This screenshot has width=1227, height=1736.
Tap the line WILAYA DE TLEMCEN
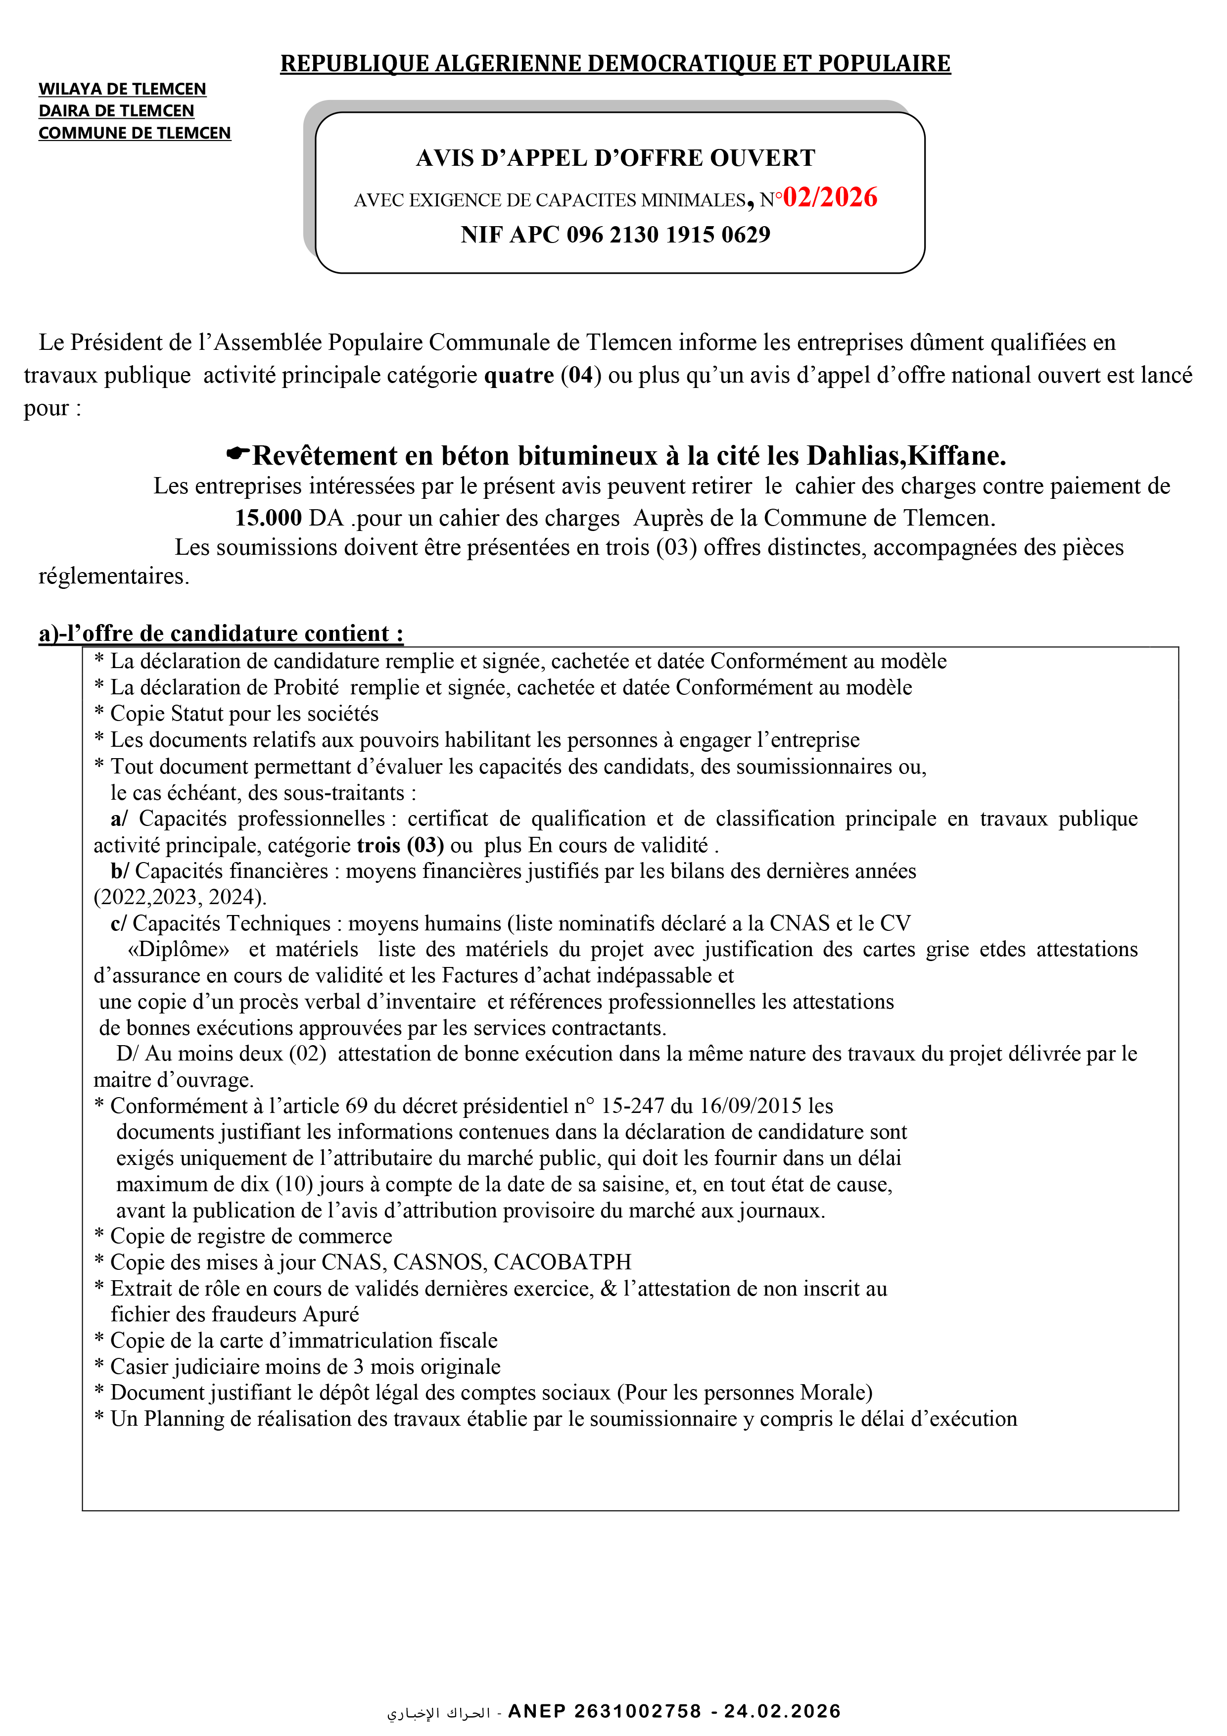click(x=123, y=89)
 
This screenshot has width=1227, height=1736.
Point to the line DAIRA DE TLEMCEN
click(x=116, y=111)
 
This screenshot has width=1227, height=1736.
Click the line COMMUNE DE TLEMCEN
click(x=135, y=133)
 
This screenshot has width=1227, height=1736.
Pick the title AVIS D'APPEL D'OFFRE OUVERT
click(x=615, y=158)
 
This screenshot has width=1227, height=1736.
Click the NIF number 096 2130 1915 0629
click(x=668, y=235)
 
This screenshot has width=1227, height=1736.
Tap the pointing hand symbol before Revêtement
click(x=238, y=454)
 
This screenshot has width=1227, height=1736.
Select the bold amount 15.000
click(x=268, y=518)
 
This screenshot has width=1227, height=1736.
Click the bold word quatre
click(x=519, y=375)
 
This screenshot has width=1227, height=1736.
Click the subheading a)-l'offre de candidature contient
click(x=221, y=633)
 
